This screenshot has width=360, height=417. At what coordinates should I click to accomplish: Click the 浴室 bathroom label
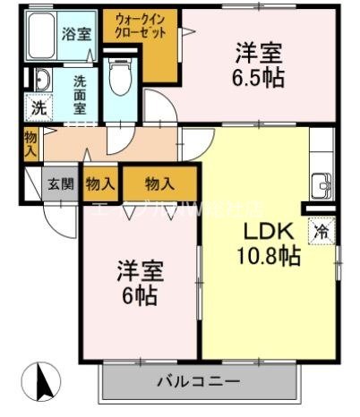pos(74,35)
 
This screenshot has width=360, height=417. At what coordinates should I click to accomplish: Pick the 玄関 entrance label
pos(62,184)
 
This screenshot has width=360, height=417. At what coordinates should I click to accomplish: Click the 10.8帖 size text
pos(269,257)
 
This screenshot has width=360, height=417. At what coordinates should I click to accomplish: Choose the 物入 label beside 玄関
pos(100,184)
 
